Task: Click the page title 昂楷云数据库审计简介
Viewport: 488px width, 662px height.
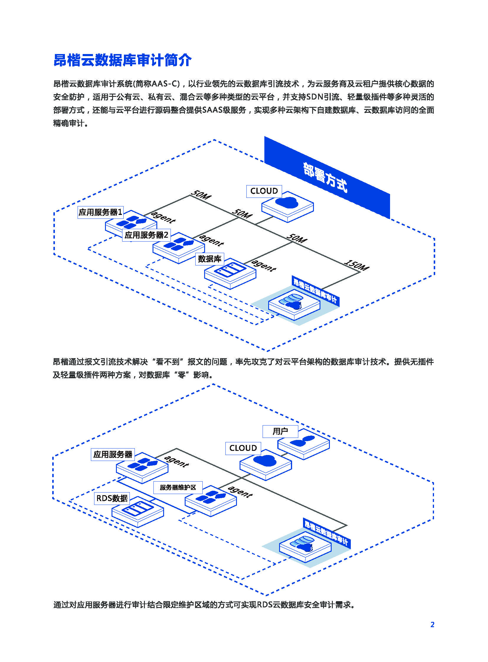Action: [122, 60]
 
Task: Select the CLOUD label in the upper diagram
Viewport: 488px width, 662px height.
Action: [264, 191]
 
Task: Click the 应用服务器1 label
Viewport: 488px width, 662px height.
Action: [100, 212]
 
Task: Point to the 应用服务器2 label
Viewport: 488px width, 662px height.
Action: [146, 235]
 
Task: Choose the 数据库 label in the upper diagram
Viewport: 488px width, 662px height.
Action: [209, 259]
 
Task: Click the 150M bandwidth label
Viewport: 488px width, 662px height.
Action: [357, 265]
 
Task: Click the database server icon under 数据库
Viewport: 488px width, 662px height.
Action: [230, 270]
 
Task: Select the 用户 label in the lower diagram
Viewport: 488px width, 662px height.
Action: [280, 431]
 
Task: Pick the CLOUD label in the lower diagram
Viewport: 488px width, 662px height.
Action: [243, 448]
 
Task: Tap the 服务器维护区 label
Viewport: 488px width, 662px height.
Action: [178, 487]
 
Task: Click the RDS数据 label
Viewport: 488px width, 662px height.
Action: [112, 498]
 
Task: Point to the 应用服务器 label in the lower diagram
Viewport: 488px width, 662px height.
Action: [112, 454]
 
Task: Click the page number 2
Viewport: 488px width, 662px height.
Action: [432, 625]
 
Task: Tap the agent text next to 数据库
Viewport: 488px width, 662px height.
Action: [264, 265]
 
